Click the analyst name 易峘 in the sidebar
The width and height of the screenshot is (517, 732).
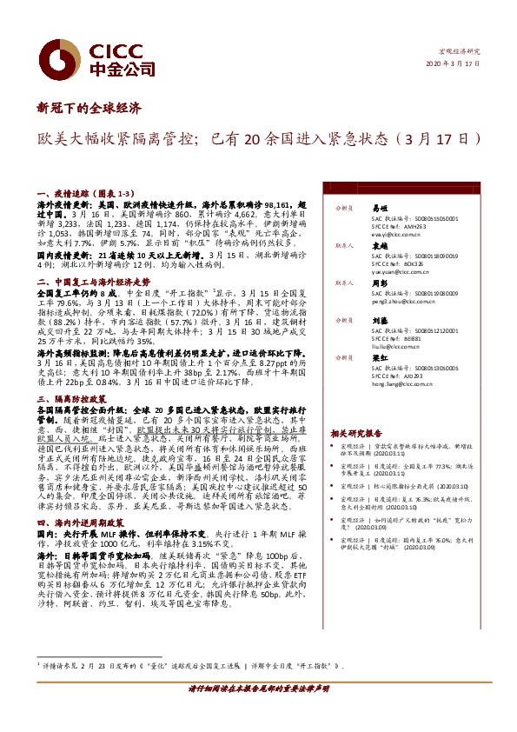coord(379,210)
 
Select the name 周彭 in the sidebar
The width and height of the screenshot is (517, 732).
coord(379,283)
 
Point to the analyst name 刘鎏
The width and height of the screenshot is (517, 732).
coord(379,320)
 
